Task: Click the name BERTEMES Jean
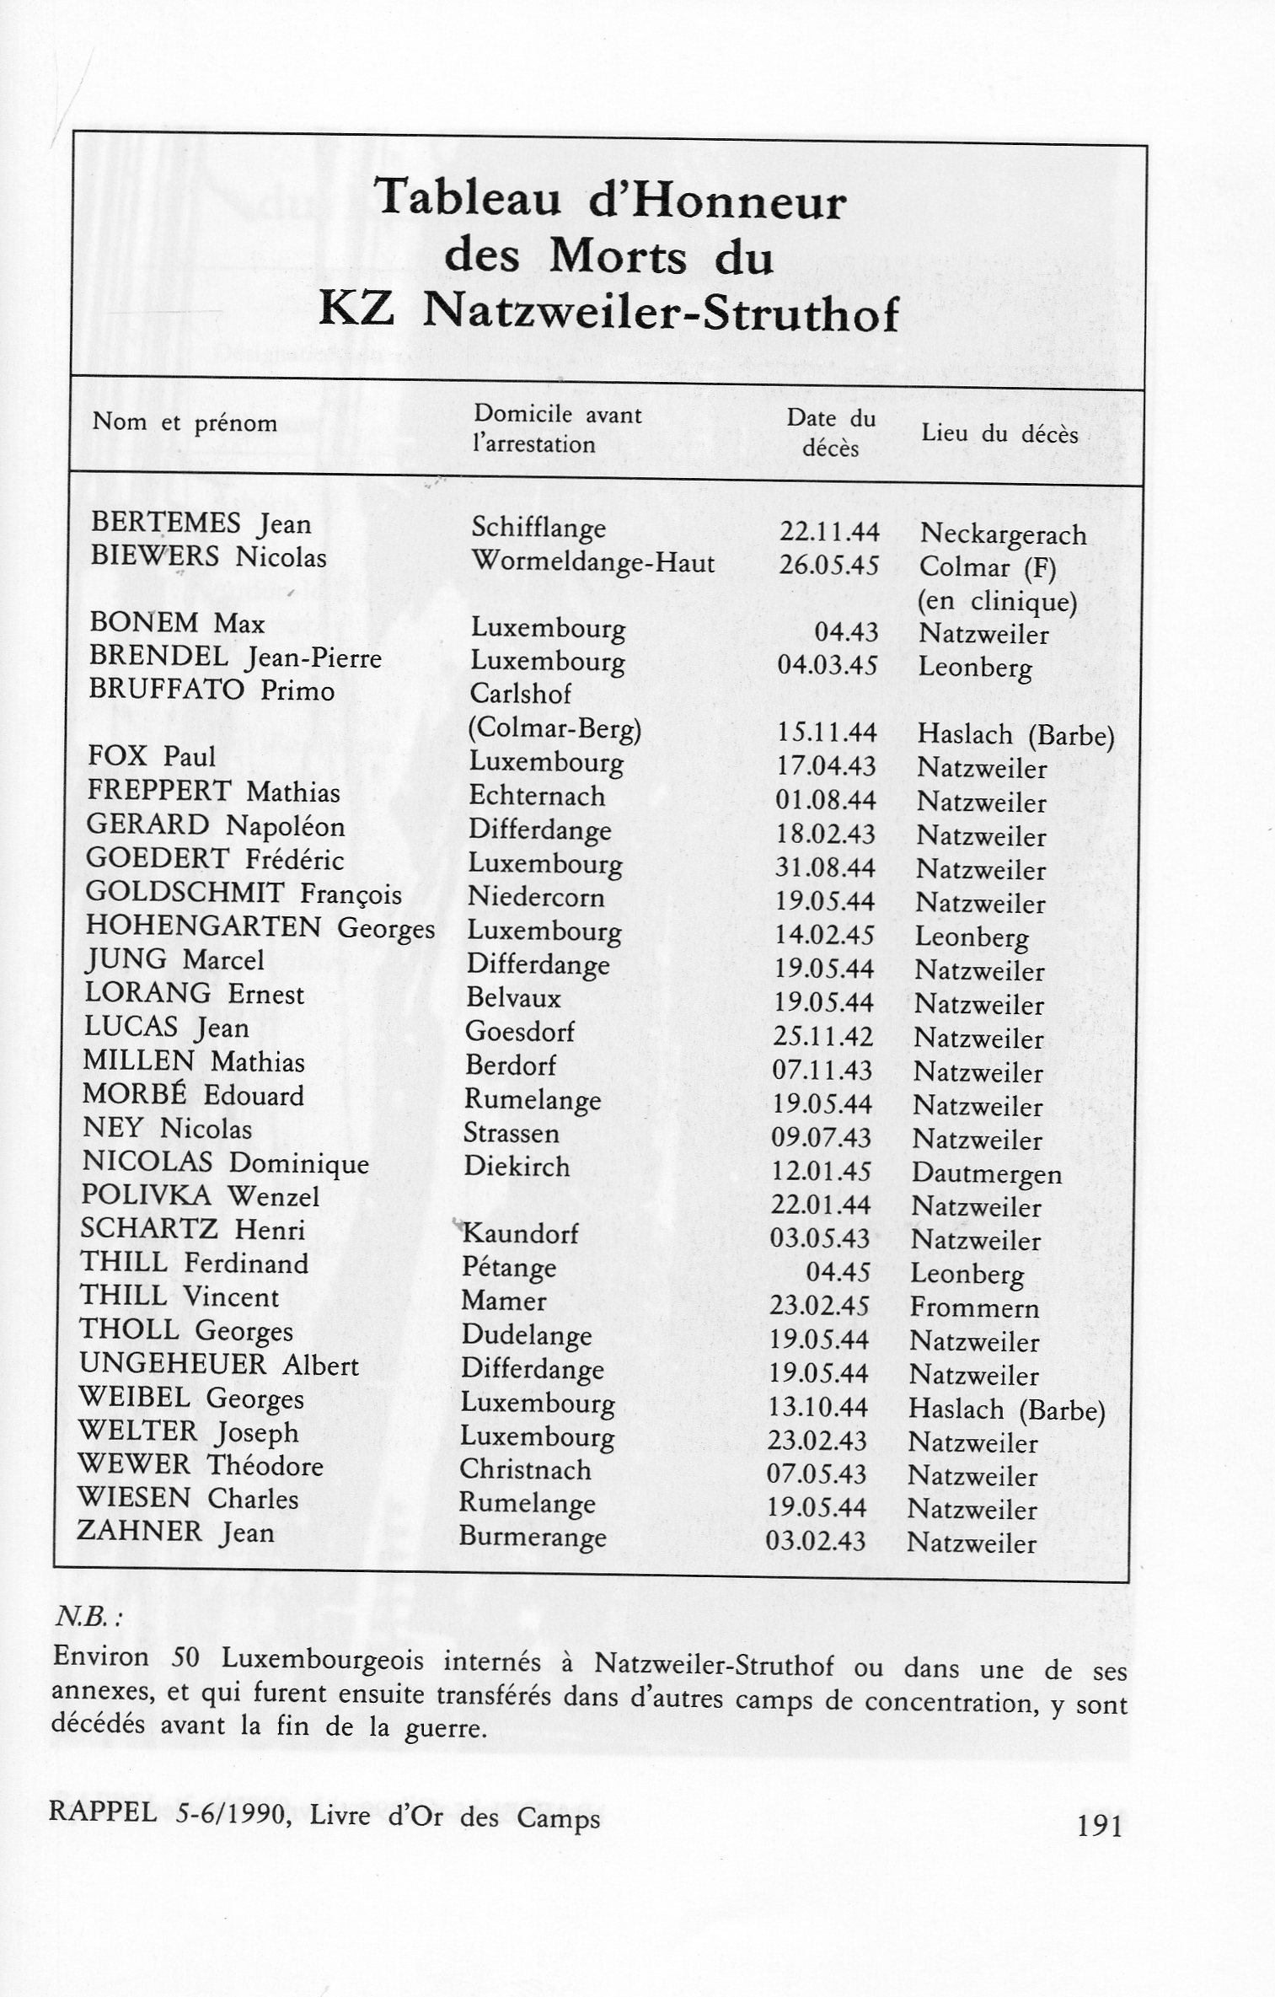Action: tap(201, 523)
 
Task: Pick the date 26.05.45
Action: tap(828, 565)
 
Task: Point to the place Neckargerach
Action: tap(1003, 534)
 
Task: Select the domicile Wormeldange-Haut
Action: tap(592, 561)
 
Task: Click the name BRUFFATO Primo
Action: tap(212, 690)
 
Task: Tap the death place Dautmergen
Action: tap(986, 1173)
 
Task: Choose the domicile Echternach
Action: tap(537, 796)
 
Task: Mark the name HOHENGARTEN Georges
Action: tap(260, 927)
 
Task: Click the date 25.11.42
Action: tap(823, 1037)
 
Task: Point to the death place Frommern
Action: tap(974, 1307)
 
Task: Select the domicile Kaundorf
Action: tap(520, 1234)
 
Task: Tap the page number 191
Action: tap(1100, 1826)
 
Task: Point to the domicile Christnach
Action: tap(524, 1469)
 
